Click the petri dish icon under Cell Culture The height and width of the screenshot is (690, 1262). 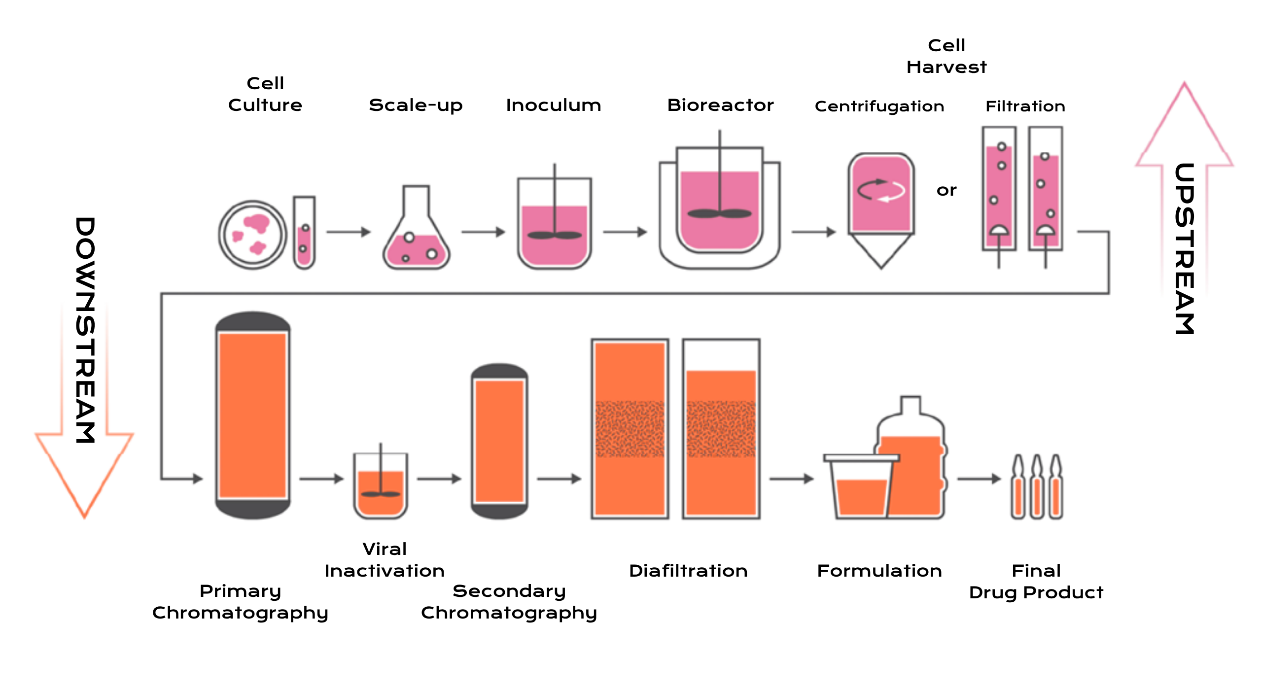pyautogui.click(x=252, y=235)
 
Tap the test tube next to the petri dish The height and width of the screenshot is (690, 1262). pyautogui.click(x=304, y=233)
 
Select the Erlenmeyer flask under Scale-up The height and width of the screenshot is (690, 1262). pyautogui.click(x=417, y=237)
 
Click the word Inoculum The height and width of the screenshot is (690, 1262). pyautogui.click(x=553, y=105)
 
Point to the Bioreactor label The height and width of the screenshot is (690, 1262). pyautogui.click(x=720, y=105)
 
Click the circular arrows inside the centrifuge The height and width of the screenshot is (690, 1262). pyautogui.click(x=881, y=190)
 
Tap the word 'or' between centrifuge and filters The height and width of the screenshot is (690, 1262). pyautogui.click(x=946, y=190)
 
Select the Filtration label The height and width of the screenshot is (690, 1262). pyautogui.click(x=1025, y=106)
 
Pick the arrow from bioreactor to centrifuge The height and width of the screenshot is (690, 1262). pyautogui.click(x=813, y=232)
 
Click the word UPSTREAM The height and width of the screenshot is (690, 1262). pyautogui.click(x=1184, y=249)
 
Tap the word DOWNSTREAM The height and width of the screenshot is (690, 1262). pyautogui.click(x=85, y=330)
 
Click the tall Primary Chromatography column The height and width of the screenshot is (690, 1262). pyautogui.click(x=253, y=415)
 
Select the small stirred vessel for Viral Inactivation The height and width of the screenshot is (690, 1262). pyautogui.click(x=380, y=488)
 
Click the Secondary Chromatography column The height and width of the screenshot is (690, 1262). pyautogui.click(x=499, y=441)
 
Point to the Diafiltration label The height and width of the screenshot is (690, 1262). pyautogui.click(x=688, y=571)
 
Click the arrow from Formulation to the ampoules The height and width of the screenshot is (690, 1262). pyautogui.click(x=979, y=478)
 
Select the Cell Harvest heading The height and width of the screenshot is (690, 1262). pyautogui.click(x=946, y=56)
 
